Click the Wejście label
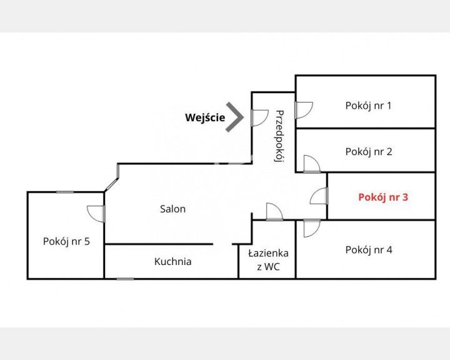tap(205, 117)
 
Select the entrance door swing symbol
tap(260, 117)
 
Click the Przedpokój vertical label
tap(279, 136)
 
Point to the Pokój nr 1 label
tap(368, 106)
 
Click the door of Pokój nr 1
tap(304, 110)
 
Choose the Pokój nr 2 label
tap(369, 152)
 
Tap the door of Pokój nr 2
tap(312, 164)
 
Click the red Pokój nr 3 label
tap(383, 197)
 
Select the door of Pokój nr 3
tap(319, 196)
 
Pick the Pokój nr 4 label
tap(369, 251)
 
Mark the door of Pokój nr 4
tap(312, 228)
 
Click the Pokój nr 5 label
tap(66, 242)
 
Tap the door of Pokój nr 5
tap(96, 214)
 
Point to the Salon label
tap(172, 209)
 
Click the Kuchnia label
tap(172, 262)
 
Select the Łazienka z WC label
tap(268, 260)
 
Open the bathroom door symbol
tap(274, 212)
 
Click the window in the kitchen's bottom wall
tap(126, 279)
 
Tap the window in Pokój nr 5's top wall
tap(65, 192)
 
